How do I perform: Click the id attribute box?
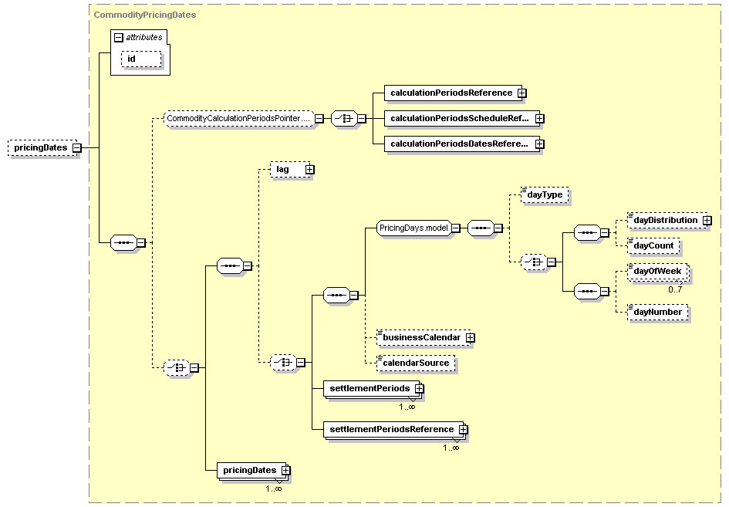(141, 59)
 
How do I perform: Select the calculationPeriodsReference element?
(455, 93)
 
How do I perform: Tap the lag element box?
(292, 169)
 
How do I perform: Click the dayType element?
(545, 195)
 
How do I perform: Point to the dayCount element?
(653, 246)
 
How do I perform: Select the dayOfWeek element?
(658, 272)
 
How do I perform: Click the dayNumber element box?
(658, 312)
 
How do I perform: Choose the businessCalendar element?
(425, 338)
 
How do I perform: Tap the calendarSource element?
(416, 363)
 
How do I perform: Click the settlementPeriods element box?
(373, 389)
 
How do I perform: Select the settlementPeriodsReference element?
(395, 429)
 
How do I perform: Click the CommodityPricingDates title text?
(145, 15)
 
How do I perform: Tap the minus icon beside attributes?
(119, 38)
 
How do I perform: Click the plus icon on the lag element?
(309, 169)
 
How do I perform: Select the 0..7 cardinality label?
(675, 289)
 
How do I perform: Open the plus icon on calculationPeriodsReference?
(522, 93)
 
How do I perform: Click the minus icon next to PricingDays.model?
(456, 228)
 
